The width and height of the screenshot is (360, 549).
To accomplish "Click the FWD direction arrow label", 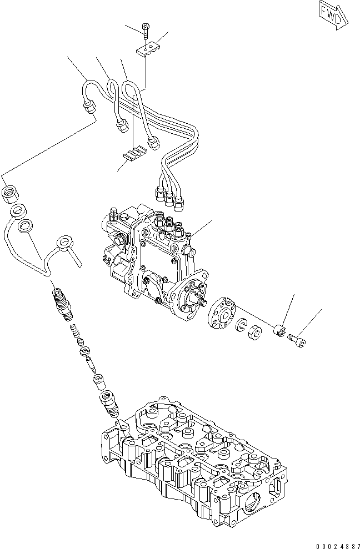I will coord(333,16).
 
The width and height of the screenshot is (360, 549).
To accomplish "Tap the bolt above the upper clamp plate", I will coord(145,30).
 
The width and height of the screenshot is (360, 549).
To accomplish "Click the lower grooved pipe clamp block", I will coord(133,153).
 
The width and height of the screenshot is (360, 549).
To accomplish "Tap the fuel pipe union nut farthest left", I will coord(88,107).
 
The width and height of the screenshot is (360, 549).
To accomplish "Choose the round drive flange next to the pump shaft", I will coord(222,314).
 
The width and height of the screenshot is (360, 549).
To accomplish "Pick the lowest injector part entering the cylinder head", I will coord(107,404).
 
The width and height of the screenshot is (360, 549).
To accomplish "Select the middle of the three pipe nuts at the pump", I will coord(169,195).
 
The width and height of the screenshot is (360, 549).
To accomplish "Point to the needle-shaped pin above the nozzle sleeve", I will coord(91,367).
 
